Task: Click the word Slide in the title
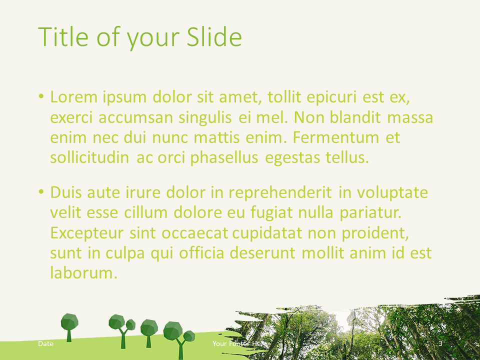coord(214,36)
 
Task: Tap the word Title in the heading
coord(63,36)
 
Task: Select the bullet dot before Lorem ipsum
coord(41,96)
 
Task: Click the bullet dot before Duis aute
coord(41,192)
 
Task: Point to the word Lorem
coord(74,97)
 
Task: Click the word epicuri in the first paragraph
coord(331,97)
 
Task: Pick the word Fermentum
coord(336,137)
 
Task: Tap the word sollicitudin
coord(89,157)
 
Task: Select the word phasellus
coord(224,157)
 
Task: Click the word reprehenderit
coord(280,192)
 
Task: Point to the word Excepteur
coord(87,233)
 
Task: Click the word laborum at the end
coord(84,273)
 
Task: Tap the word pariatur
coord(370,213)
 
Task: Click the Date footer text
coord(45,343)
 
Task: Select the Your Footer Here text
coord(239,343)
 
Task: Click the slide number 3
coord(440,343)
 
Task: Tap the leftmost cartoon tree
coord(69,327)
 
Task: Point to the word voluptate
coord(392,192)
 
